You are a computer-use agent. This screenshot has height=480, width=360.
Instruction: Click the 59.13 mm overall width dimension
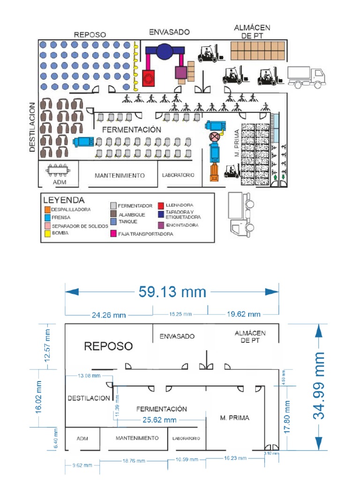[x=172, y=292]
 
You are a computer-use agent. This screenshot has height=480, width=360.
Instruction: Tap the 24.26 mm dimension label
[x=109, y=315]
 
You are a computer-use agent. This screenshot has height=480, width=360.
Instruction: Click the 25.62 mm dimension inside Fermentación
[x=160, y=420]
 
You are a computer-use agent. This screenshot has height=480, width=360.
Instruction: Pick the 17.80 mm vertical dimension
[x=288, y=416]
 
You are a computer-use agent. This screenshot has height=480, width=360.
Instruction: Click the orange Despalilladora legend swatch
[x=47, y=210]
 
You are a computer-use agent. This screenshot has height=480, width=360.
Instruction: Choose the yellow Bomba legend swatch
[x=47, y=233]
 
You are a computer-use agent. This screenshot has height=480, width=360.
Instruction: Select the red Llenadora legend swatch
[x=160, y=205]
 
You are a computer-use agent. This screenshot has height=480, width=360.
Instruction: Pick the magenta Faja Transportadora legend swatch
[x=113, y=233]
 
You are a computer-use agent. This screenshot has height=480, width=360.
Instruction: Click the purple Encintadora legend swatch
[x=160, y=225]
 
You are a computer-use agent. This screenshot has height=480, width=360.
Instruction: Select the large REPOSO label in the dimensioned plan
[x=108, y=346]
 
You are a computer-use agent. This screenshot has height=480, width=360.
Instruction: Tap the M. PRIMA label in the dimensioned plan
[x=235, y=418]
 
